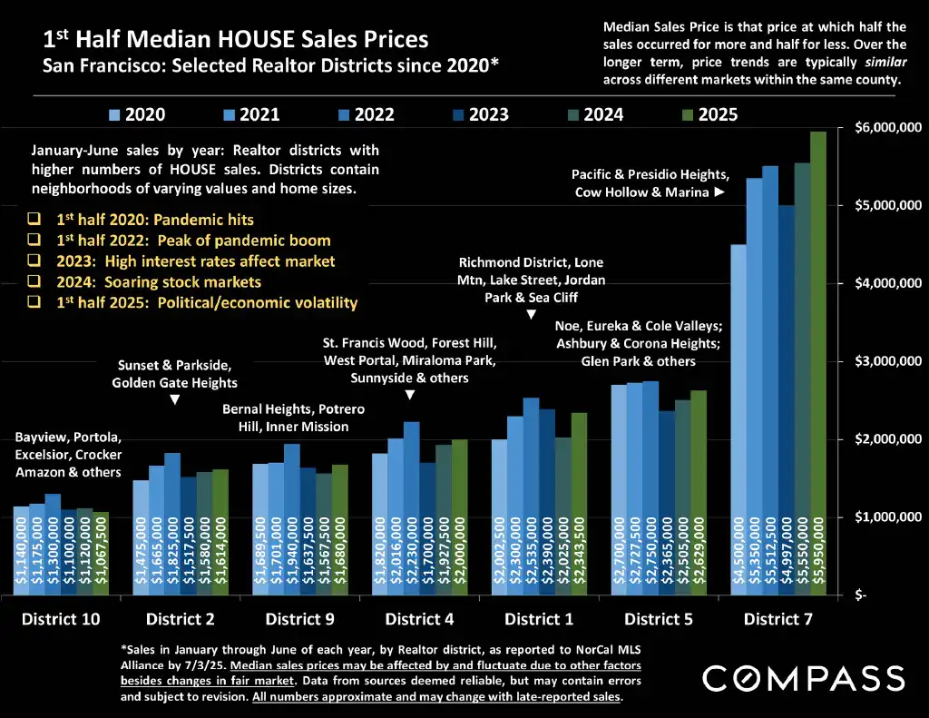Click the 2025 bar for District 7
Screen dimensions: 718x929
click(818, 363)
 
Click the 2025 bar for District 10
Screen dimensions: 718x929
click(100, 553)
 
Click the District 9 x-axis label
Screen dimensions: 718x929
click(299, 620)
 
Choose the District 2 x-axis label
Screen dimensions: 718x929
click(180, 620)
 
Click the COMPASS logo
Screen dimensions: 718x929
click(803, 678)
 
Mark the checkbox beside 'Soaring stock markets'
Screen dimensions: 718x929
click(34, 282)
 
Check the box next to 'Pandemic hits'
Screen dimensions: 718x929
click(34, 220)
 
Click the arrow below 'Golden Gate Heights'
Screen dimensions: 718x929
click(175, 399)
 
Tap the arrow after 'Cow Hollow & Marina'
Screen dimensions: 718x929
click(719, 192)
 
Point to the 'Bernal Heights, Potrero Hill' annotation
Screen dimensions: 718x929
click(293, 418)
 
